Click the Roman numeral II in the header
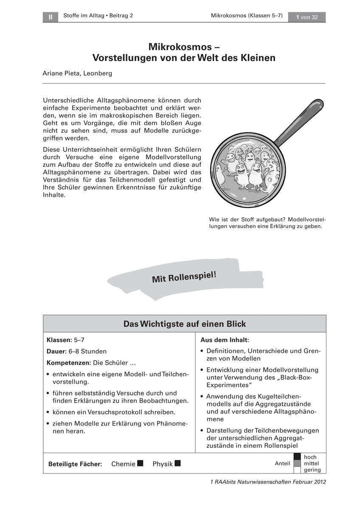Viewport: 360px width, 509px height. tap(50, 17)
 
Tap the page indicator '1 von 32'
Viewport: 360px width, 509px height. tap(307, 17)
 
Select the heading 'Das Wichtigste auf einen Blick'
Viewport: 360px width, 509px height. tap(184, 324)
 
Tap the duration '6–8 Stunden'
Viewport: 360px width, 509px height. tap(88, 352)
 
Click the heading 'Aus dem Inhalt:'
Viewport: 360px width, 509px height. tap(225, 340)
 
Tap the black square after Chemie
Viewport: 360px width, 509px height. tap(141, 463)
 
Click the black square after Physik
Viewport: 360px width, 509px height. tap(177, 463)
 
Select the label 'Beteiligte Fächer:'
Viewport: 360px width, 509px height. tap(75, 464)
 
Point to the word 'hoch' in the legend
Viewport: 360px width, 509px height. tap(310, 457)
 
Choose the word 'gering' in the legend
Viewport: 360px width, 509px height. tap(312, 470)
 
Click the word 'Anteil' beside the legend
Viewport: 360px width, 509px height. tap(282, 464)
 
